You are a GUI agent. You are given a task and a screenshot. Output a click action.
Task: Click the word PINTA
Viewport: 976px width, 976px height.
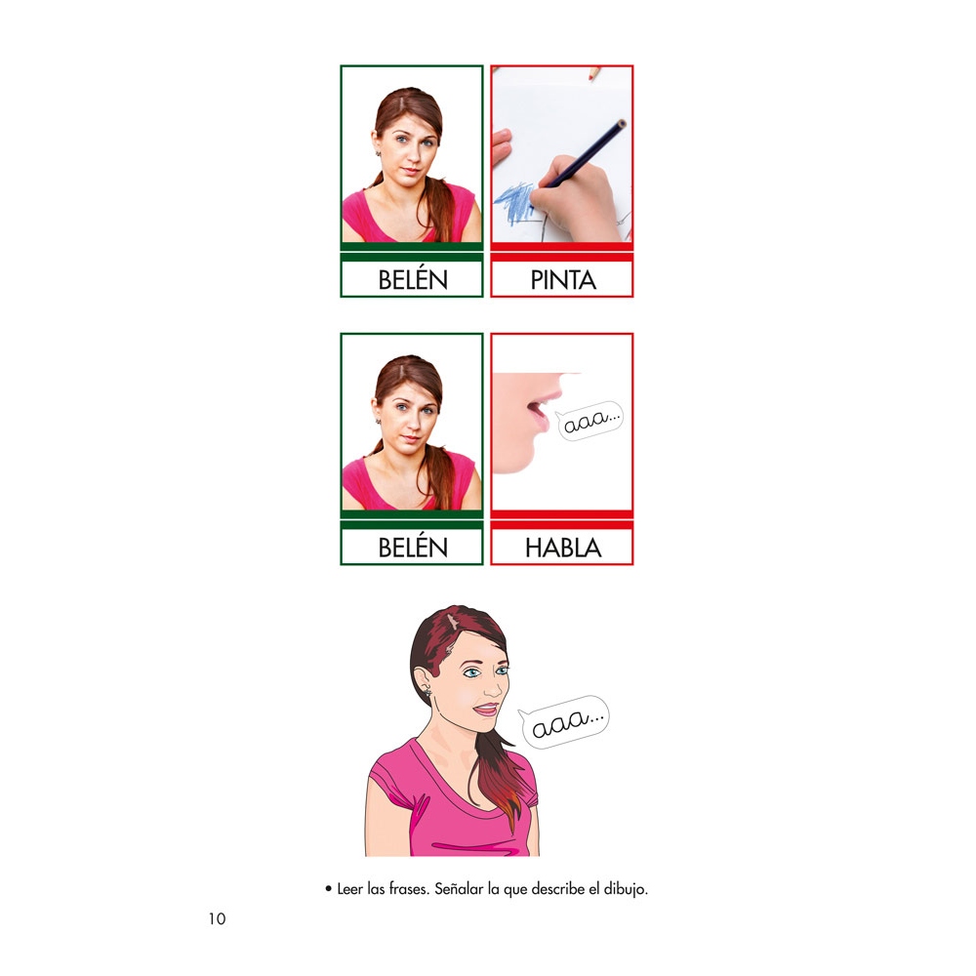[x=563, y=280]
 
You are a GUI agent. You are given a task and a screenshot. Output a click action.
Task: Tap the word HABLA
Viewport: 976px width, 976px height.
[x=563, y=548]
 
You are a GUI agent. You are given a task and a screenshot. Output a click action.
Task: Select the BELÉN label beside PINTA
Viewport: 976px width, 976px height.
[x=413, y=279]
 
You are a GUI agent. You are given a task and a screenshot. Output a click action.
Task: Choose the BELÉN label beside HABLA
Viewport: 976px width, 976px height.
[x=413, y=547]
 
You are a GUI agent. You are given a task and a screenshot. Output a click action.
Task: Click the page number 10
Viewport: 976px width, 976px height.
[x=217, y=918]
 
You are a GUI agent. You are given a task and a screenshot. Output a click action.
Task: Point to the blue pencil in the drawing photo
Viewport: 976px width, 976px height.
[x=584, y=153]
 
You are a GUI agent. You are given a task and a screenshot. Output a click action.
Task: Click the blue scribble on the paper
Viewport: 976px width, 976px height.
[x=514, y=203]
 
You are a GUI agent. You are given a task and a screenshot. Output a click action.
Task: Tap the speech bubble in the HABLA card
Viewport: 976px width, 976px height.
[x=590, y=421]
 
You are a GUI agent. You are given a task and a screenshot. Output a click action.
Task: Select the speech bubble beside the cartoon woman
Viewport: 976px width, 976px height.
[x=564, y=721]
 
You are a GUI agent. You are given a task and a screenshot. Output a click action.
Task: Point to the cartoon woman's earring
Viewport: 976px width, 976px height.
[x=428, y=691]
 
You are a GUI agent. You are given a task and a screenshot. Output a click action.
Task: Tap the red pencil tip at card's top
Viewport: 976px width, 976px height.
[x=593, y=73]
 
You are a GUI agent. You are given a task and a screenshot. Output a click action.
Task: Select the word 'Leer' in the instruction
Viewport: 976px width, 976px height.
[x=349, y=889]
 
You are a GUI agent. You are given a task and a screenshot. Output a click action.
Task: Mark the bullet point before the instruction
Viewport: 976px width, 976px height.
[x=328, y=889]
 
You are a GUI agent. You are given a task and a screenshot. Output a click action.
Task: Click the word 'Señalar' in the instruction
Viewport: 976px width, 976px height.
[x=459, y=889]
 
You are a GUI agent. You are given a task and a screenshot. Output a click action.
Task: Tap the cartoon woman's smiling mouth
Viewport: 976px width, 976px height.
[x=485, y=710]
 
